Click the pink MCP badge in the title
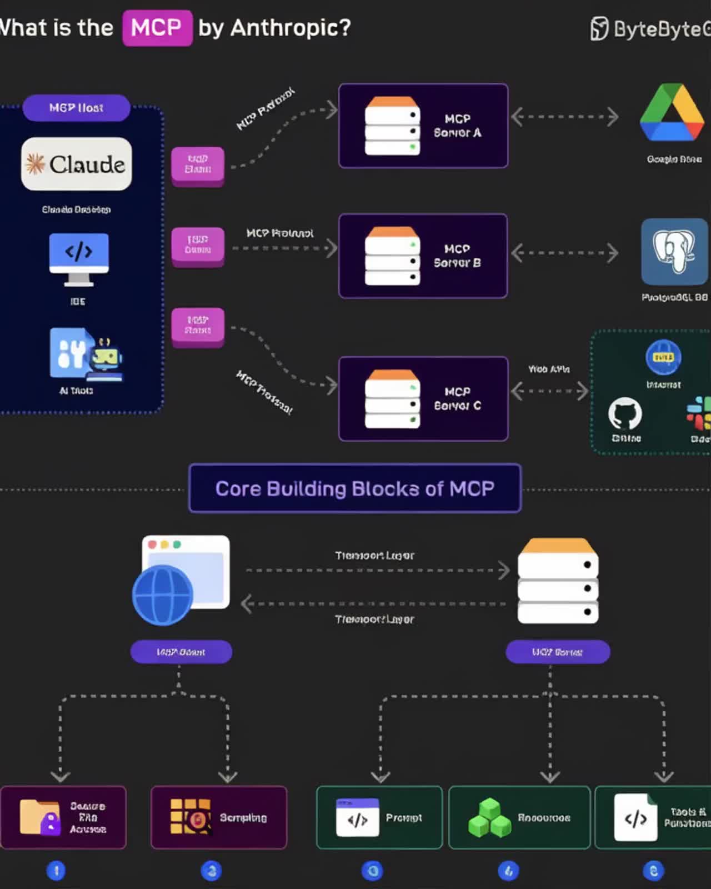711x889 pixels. tap(157, 28)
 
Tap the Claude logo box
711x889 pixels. tap(77, 164)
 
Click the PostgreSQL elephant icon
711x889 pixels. tap(674, 252)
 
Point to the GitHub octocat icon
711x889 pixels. tap(625, 414)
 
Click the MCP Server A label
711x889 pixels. tap(457, 126)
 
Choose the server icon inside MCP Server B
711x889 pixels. tap(392, 256)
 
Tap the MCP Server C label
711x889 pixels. tap(457, 399)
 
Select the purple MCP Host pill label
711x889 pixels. tap(77, 108)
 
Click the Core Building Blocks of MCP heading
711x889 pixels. tap(355, 488)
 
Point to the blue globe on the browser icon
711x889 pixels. tap(162, 595)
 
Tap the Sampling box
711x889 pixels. tap(219, 817)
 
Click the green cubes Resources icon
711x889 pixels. tap(489, 818)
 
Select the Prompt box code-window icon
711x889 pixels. tap(358, 817)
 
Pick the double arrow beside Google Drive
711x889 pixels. tap(564, 117)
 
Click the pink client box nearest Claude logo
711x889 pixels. tap(198, 164)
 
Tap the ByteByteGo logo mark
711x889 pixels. tap(599, 29)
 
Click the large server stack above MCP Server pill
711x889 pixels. tap(558, 581)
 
